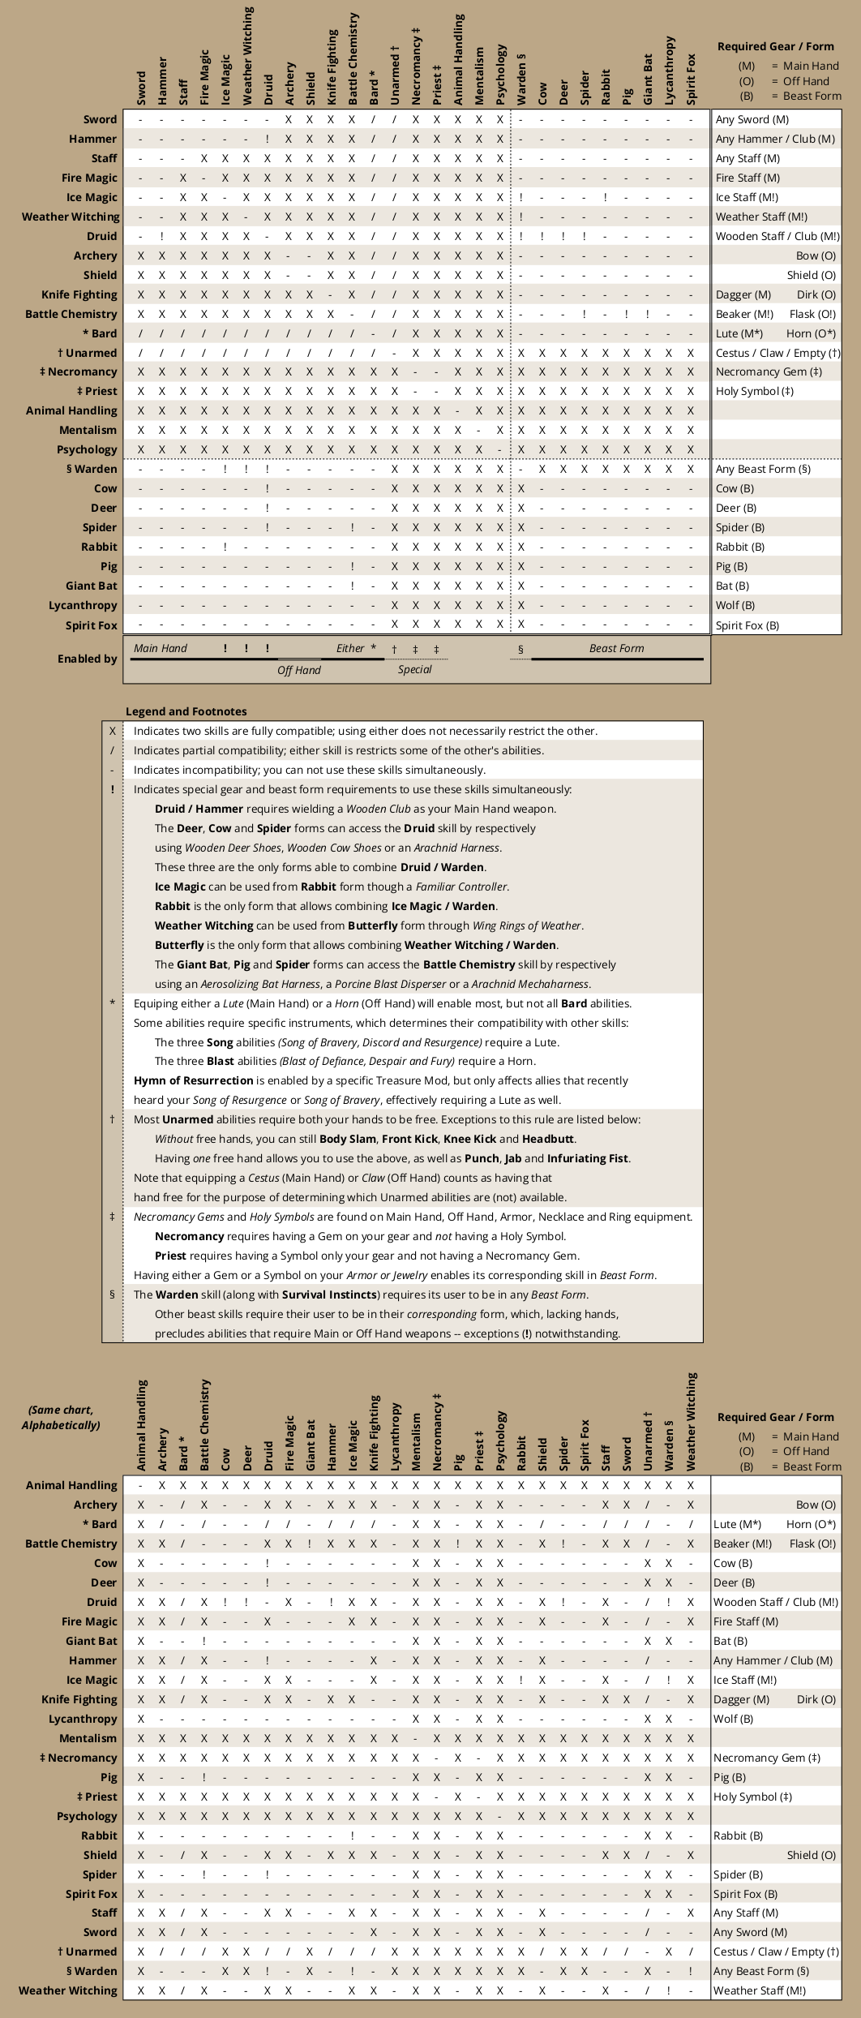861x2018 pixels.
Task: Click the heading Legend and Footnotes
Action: [x=186, y=711]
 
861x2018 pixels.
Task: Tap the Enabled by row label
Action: [x=87, y=659]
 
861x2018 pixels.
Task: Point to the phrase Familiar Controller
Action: [x=461, y=887]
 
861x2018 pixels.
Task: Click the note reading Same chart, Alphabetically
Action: [x=61, y=1417]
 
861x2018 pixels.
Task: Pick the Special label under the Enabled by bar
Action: [x=414, y=669]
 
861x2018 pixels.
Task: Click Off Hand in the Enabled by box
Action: [x=298, y=670]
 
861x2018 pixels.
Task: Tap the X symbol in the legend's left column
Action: [x=112, y=731]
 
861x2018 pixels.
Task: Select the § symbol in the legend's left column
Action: [x=112, y=1295]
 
